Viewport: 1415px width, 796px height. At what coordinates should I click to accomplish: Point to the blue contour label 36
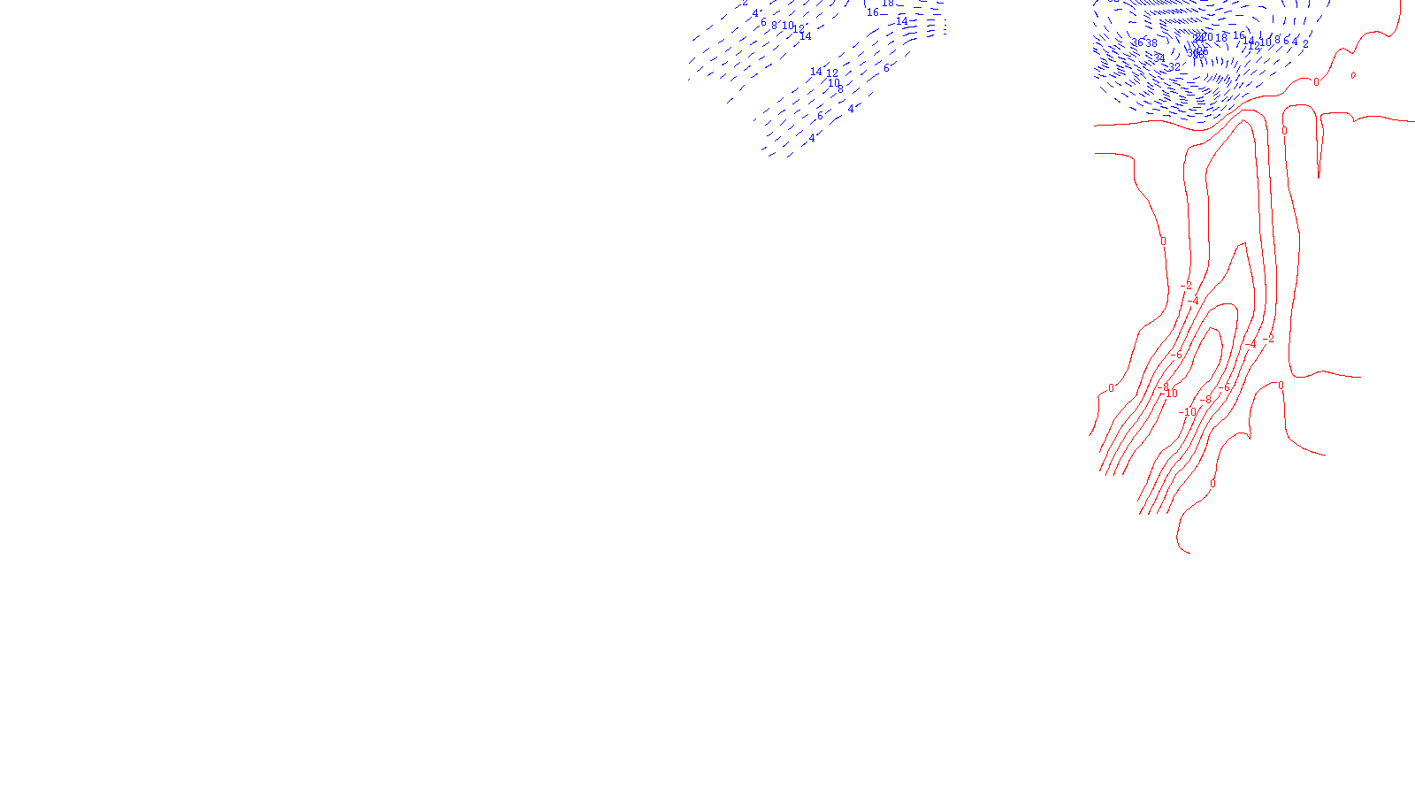click(1137, 42)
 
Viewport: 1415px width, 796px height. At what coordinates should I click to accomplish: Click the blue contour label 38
click(1151, 43)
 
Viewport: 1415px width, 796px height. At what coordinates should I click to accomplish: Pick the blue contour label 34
click(1159, 57)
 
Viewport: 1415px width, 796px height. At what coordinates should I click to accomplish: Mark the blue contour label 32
click(1174, 67)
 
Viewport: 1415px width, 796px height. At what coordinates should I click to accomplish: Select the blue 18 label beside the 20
click(1221, 38)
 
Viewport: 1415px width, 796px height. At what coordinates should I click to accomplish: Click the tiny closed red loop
click(1353, 75)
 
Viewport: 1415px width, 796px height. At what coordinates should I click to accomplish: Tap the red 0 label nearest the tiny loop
click(1316, 82)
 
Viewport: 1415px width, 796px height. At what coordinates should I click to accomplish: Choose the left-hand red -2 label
click(1187, 286)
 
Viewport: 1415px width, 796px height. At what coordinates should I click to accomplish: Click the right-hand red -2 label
click(1269, 339)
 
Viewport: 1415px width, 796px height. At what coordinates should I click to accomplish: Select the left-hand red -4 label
click(1193, 301)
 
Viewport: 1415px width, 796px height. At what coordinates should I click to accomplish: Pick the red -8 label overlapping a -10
click(1164, 387)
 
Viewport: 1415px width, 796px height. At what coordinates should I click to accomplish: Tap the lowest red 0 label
click(1212, 484)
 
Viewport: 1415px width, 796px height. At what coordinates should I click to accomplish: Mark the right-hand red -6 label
click(1225, 387)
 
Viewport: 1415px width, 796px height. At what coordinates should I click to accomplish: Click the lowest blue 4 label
click(812, 138)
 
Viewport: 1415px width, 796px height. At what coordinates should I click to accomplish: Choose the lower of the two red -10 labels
click(1188, 412)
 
